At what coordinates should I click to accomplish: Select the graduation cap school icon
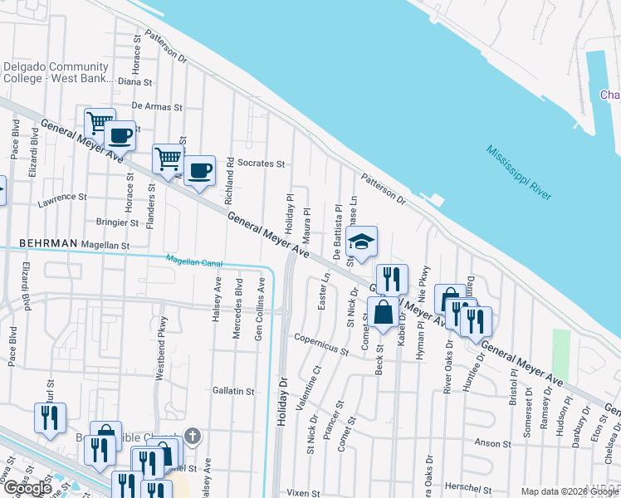[361, 242]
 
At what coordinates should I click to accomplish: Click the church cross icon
[192, 435]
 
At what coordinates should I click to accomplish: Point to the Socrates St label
[261, 164]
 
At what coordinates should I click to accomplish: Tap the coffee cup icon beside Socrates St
[199, 171]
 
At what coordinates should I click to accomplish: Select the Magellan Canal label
[194, 261]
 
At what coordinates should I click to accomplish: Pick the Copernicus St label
[321, 344]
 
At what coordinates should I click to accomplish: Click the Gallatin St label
[232, 390]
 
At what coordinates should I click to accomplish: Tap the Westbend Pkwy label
[162, 348]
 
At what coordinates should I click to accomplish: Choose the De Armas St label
[155, 106]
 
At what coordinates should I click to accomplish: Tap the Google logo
[27, 487]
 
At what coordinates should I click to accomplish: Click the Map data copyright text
[570, 491]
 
